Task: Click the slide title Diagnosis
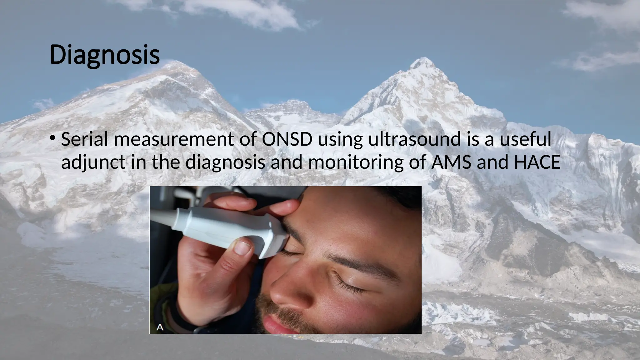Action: pos(104,55)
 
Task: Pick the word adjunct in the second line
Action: pos(93,163)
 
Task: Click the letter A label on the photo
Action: pos(160,327)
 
